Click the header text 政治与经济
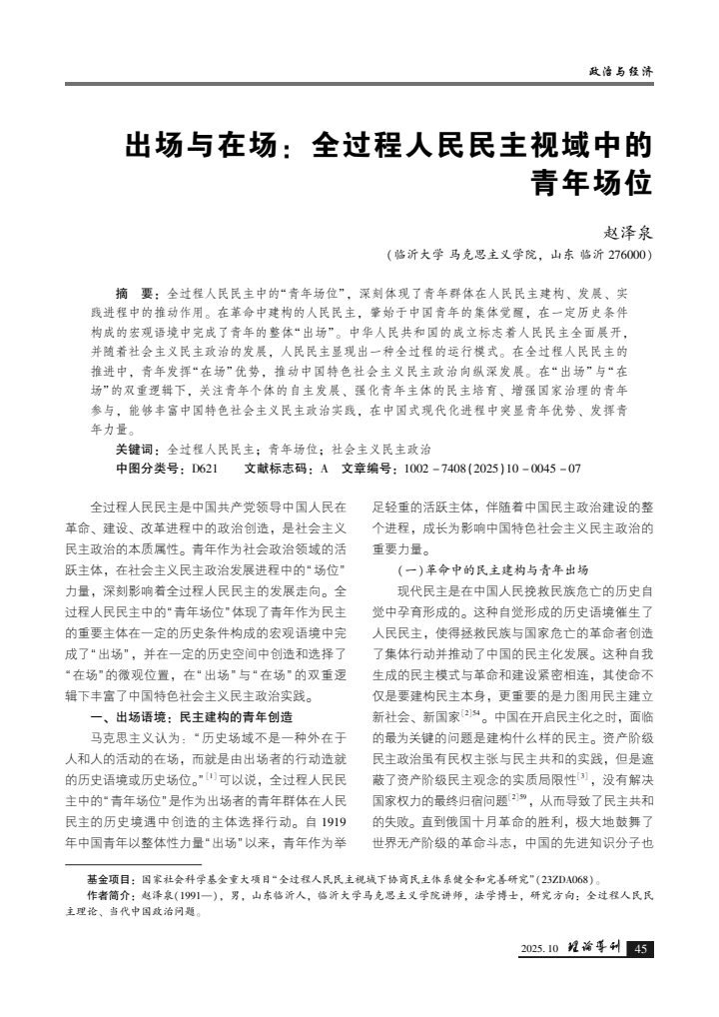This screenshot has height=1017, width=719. coord(621,72)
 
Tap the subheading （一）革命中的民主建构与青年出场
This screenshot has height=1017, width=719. coord(479,569)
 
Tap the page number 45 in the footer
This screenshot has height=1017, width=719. coord(641,948)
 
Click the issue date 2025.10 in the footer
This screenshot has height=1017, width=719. coord(539,949)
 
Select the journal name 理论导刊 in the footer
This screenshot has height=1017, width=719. coord(595,948)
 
